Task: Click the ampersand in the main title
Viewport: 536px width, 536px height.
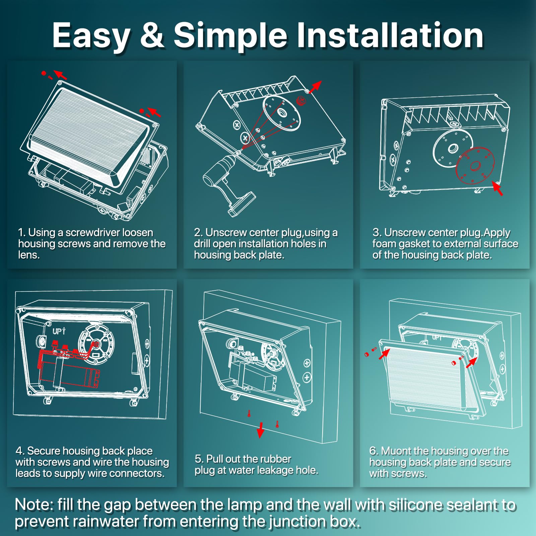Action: tap(152, 35)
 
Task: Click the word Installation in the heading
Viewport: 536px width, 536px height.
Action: tap(390, 35)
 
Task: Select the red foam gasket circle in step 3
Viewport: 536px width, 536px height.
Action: tap(475, 165)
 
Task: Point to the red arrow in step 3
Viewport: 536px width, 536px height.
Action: tap(497, 189)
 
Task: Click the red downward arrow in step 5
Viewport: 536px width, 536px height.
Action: tap(260, 430)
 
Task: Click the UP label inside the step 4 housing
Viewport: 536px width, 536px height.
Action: tap(59, 331)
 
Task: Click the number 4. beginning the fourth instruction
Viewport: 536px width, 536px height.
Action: tap(20, 451)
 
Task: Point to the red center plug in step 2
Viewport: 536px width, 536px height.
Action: tap(300, 100)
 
